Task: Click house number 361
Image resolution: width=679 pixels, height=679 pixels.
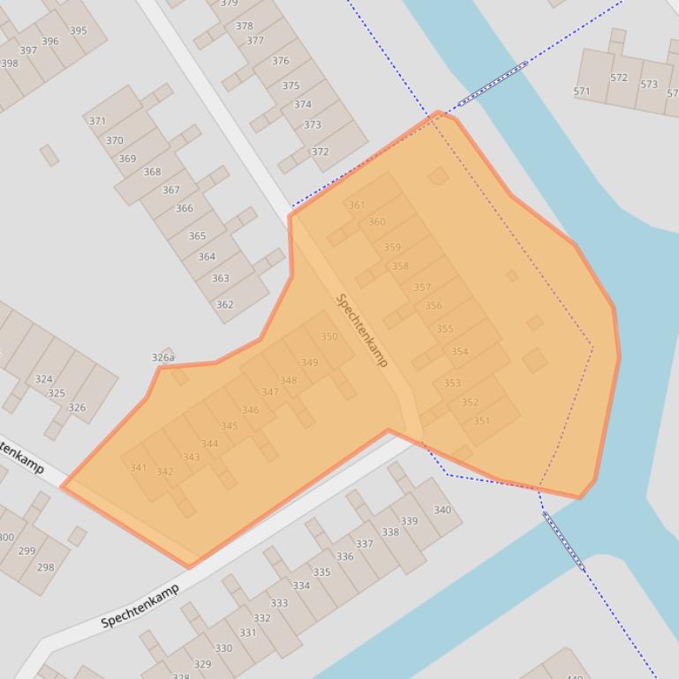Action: [357, 205]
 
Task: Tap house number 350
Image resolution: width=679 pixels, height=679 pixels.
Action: [329, 337]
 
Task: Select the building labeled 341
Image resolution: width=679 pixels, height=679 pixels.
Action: [139, 467]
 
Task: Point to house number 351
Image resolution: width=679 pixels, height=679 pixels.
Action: [481, 421]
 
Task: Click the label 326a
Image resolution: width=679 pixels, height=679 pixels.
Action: [162, 357]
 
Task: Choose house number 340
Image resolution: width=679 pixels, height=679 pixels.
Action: [442, 510]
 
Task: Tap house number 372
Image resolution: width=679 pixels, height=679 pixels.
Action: [320, 152]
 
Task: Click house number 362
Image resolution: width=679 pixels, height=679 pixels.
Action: [225, 305]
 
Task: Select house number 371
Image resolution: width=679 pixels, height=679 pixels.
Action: [97, 121]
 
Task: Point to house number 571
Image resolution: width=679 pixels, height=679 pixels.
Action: [582, 92]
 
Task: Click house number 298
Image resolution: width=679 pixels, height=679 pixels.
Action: [46, 567]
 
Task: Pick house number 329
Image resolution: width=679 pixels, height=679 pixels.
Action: [202, 664]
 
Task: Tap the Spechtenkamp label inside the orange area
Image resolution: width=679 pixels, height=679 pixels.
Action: [362, 331]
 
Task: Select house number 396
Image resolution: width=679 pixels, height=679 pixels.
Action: [50, 41]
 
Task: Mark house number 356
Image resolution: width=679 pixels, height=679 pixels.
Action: [434, 306]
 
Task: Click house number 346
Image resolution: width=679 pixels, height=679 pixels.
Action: [251, 410]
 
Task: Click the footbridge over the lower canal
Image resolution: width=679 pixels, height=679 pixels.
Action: [562, 541]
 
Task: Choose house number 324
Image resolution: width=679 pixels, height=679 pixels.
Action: [43, 379]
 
